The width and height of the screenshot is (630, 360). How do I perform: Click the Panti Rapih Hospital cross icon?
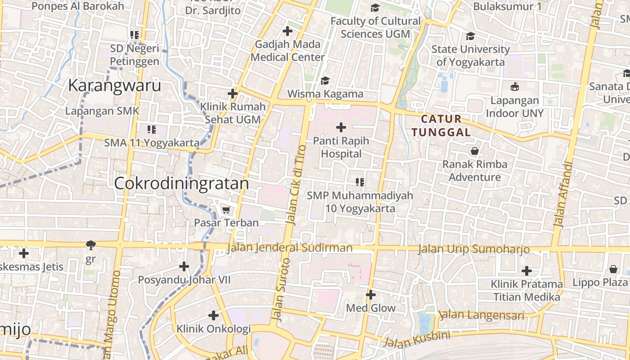[341, 127]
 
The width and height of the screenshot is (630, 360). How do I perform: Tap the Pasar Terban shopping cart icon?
[226, 210]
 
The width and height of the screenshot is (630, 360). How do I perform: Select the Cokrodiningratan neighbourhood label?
[181, 184]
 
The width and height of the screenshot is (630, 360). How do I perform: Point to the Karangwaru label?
[114, 85]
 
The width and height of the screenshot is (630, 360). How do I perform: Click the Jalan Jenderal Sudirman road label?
[290, 248]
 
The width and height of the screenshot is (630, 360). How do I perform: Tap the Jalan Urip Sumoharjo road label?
[473, 249]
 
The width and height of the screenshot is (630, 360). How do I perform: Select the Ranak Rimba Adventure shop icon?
[474, 151]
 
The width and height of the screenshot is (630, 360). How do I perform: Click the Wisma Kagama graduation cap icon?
[325, 81]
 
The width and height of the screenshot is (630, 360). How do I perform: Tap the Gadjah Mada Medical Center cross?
[287, 31]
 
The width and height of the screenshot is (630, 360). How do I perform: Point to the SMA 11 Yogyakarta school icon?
[152, 130]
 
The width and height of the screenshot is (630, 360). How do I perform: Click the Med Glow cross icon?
[370, 295]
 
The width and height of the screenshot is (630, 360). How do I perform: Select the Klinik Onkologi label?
[213, 329]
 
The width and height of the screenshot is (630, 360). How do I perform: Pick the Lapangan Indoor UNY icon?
[514, 86]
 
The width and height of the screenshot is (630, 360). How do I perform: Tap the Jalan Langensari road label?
[481, 315]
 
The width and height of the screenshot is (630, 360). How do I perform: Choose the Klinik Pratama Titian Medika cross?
[526, 271]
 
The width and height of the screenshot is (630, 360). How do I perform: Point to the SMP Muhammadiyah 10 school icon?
[360, 182]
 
